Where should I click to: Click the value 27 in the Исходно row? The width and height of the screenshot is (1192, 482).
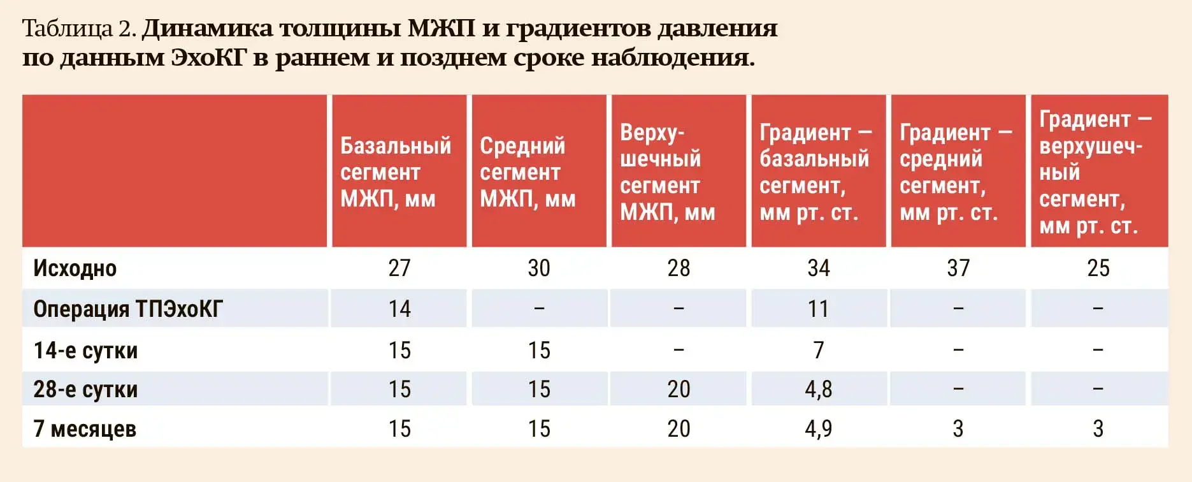pos(399,268)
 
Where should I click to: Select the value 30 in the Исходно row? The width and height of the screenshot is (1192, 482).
pos(539,268)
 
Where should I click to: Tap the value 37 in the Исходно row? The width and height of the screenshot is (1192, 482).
pos(958,268)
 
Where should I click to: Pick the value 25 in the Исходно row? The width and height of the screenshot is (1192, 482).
pos(1098,268)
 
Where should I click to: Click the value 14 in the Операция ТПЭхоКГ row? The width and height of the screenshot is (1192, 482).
pos(399,309)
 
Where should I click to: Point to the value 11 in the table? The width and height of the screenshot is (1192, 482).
pos(818,309)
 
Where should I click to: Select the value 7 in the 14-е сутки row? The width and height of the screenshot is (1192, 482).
pos(819,350)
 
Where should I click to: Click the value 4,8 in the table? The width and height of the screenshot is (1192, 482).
pos(819,389)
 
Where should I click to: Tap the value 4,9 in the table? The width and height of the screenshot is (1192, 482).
pos(819,428)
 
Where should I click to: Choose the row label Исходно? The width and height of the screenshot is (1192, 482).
pos(75,268)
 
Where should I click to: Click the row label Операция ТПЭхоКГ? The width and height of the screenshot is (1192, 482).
pos(128,309)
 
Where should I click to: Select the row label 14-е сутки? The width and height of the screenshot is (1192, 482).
pos(85,350)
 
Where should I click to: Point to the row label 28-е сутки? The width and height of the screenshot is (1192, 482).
pos(85,389)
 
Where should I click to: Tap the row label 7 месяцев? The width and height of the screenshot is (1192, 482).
pos(85,429)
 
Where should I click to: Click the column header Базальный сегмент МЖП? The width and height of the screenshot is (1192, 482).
pos(396,172)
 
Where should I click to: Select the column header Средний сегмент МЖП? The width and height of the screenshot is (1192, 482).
pos(528,172)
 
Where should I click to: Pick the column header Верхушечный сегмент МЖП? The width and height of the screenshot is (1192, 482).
pos(668,172)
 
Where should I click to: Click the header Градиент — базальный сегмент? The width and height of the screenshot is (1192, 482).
pos(815,172)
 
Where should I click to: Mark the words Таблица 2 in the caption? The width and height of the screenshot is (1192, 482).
pos(78,29)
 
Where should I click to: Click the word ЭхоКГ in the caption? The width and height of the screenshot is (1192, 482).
pos(208,57)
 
